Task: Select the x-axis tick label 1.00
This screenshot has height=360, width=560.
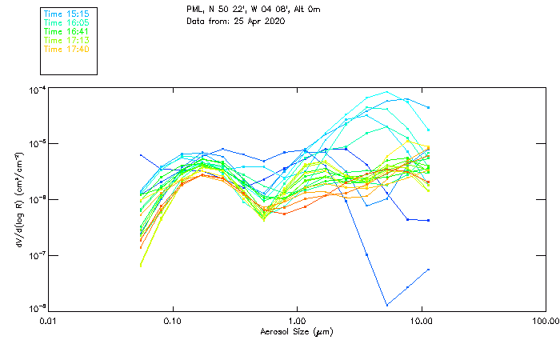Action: coord(297,322)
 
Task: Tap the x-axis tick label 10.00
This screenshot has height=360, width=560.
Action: coord(421,322)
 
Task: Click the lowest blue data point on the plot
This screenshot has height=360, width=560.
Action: coord(387,305)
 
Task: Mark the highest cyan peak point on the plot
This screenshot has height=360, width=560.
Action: coord(387,91)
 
